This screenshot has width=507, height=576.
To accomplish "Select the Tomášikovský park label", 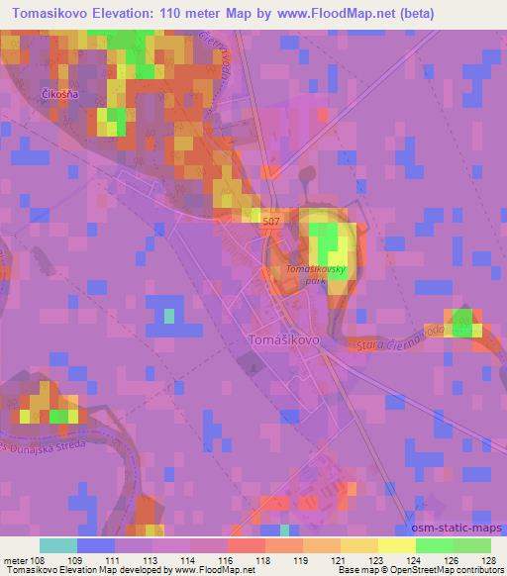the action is [x=314, y=274].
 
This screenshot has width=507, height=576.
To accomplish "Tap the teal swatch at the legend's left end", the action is [x=57, y=545].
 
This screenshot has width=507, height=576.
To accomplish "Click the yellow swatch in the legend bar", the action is [x=396, y=545].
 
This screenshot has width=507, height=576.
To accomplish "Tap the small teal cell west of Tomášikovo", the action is [x=168, y=316].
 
